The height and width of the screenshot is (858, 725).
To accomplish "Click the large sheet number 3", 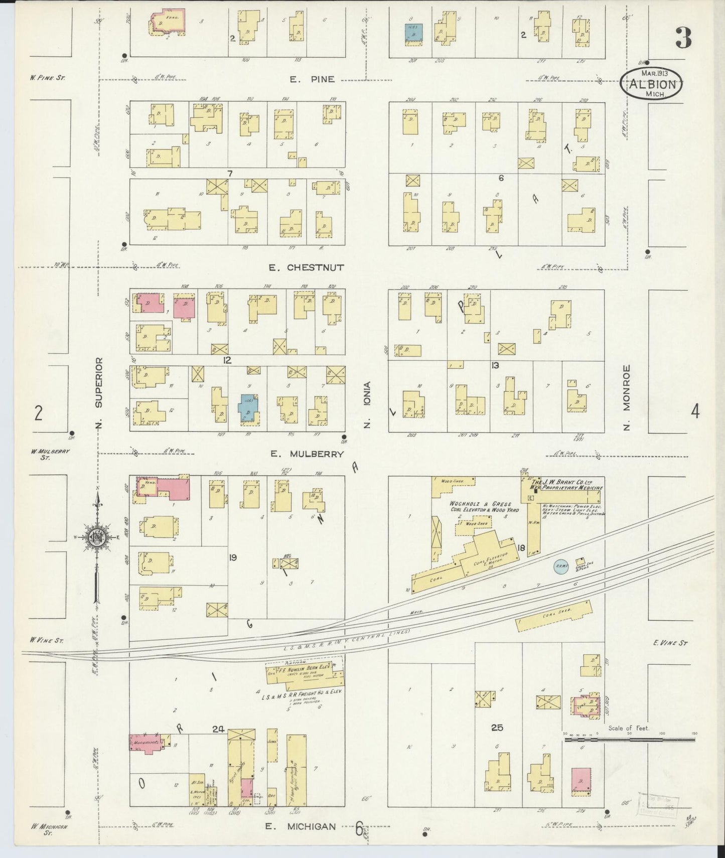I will (x=683, y=38).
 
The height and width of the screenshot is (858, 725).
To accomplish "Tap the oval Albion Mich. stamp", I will (x=652, y=84).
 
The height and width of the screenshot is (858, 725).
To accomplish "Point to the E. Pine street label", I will (x=312, y=79).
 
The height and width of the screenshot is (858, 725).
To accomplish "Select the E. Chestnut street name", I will (x=306, y=267).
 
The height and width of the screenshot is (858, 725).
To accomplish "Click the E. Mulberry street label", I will (x=307, y=454).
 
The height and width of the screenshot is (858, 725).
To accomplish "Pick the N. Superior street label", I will (x=99, y=393).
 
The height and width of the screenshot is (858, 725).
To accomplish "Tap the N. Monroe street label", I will (x=626, y=397).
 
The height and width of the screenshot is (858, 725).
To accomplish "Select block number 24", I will (x=218, y=729).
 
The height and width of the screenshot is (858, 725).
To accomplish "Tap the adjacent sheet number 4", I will (x=695, y=411).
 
